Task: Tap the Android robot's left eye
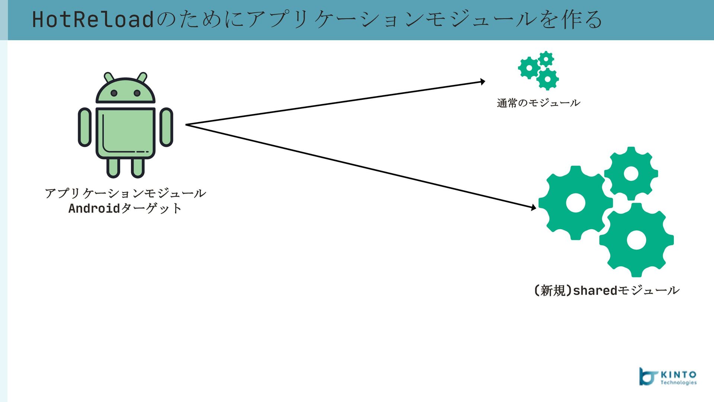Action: pyautogui.click(x=114, y=93)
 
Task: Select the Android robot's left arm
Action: pyautogui.click(x=85, y=127)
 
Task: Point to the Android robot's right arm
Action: pyautogui.click(x=166, y=127)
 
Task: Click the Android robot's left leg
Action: pyautogui.click(x=113, y=167)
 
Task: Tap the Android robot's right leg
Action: pyautogui.click(x=138, y=167)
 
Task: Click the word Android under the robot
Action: pyautogui.click(x=94, y=208)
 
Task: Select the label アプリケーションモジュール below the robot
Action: pyautogui.click(x=125, y=193)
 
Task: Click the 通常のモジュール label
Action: pyautogui.click(x=538, y=103)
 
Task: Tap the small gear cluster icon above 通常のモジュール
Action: pyautogui.click(x=538, y=70)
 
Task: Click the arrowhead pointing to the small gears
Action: pyautogui.click(x=483, y=82)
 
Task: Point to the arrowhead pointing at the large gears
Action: pyautogui.click(x=534, y=208)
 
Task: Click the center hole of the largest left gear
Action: pyautogui.click(x=575, y=203)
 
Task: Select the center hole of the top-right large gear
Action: pyautogui.click(x=631, y=173)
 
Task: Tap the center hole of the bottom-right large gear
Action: pyautogui.click(x=636, y=240)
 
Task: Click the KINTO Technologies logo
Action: pyautogui.click(x=668, y=377)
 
